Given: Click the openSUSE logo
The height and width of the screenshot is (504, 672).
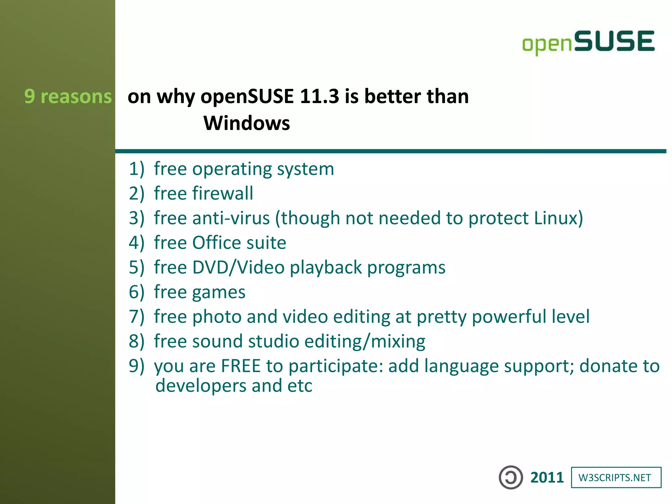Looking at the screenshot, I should pyautogui.click(x=588, y=42).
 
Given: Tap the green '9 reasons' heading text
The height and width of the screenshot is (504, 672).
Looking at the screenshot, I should pyautogui.click(x=68, y=96).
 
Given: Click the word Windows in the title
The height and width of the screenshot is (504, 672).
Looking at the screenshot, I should pyautogui.click(x=247, y=123).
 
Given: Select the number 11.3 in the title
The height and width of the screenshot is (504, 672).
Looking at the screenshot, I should pyautogui.click(x=319, y=96).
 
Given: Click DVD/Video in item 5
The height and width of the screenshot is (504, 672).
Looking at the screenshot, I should pyautogui.click(x=238, y=267).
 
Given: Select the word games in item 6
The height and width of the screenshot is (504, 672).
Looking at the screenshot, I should pyautogui.click(x=219, y=292).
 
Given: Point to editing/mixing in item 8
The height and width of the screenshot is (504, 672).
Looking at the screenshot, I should pyautogui.click(x=365, y=341).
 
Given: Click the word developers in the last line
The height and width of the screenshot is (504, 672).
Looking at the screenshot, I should pyautogui.click(x=201, y=386).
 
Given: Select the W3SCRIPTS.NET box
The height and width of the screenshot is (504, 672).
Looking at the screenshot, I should pyautogui.click(x=616, y=477).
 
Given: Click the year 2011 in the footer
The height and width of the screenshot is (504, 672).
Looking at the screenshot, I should pyautogui.click(x=547, y=477).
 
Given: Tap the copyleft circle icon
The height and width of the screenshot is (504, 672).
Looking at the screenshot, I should pyautogui.click(x=511, y=477).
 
